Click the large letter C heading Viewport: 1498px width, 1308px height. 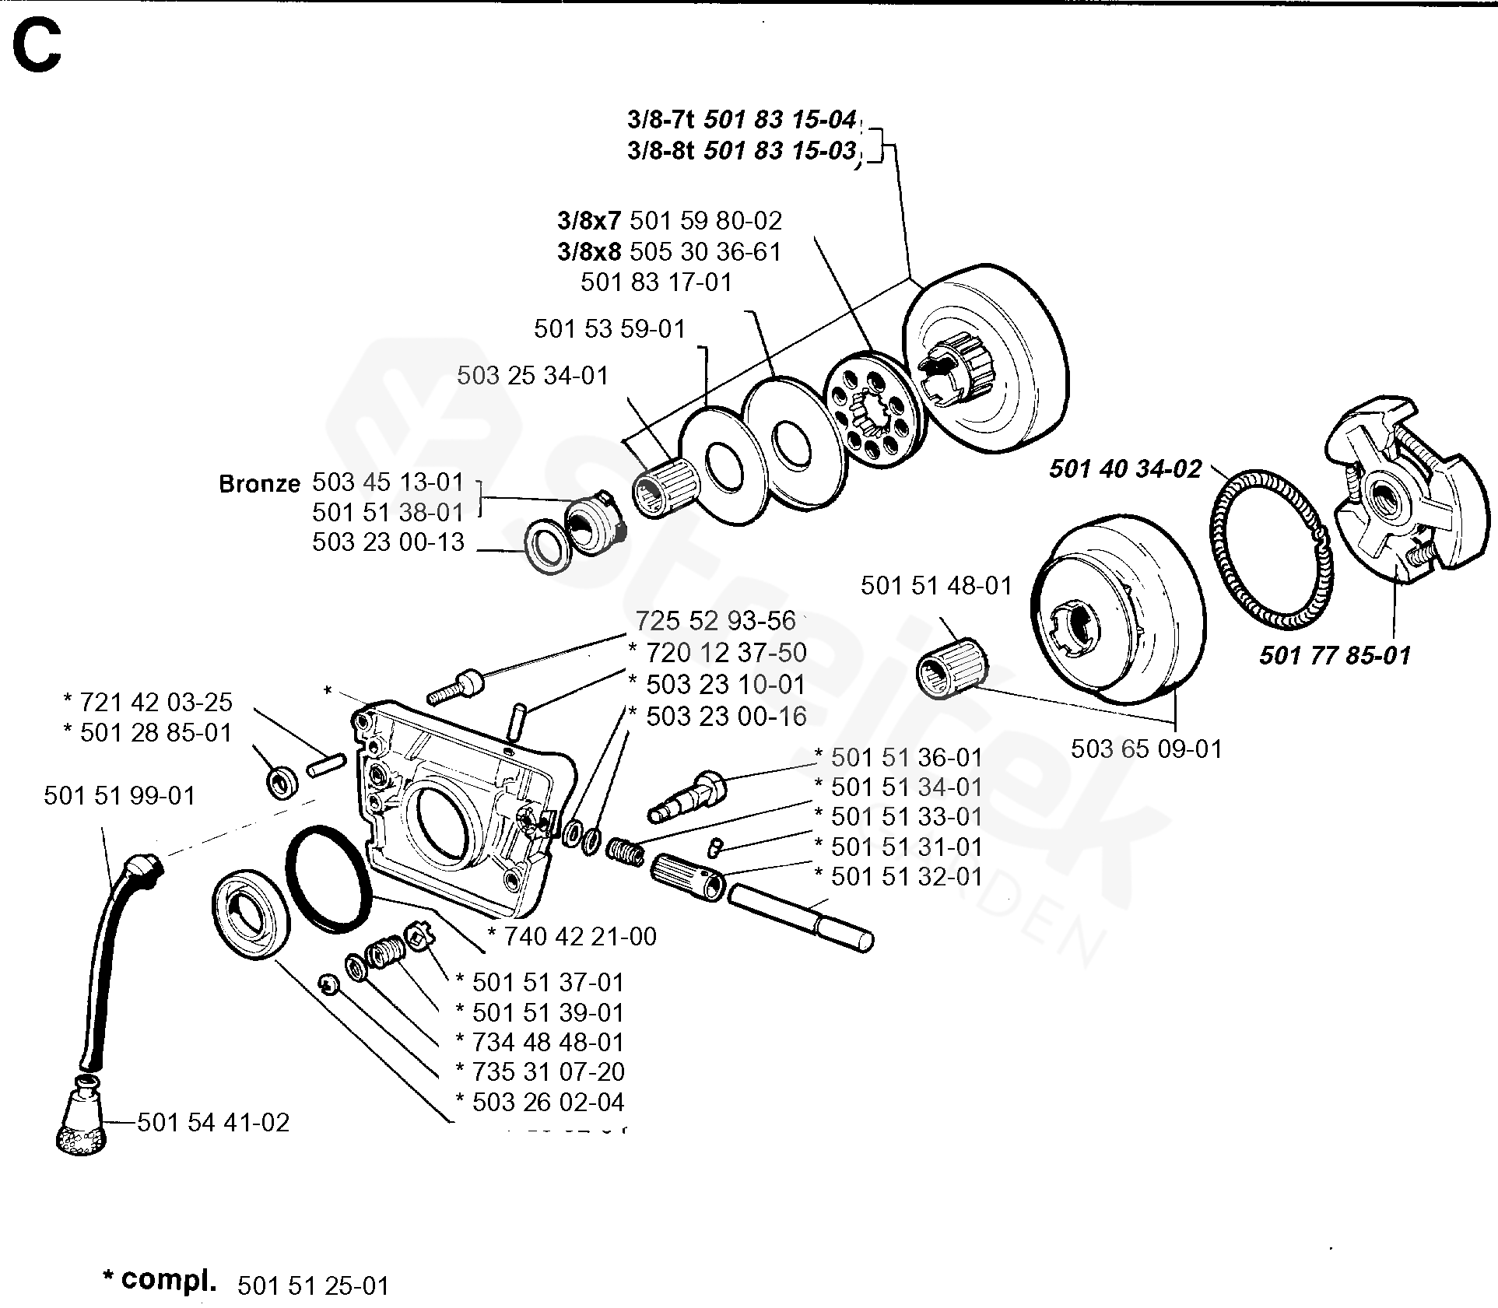tap(37, 46)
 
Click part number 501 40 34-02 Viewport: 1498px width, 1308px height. tap(1124, 469)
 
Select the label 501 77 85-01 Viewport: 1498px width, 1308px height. tap(1335, 656)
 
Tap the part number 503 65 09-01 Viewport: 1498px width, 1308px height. tap(1146, 749)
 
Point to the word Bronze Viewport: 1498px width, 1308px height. tap(259, 484)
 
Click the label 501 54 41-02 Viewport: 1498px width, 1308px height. tap(213, 1122)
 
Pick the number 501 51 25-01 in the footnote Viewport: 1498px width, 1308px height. tap(313, 1285)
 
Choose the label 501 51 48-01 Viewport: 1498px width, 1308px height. tap(936, 585)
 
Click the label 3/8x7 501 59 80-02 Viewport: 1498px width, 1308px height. tap(669, 221)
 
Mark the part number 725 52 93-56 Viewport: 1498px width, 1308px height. tap(715, 621)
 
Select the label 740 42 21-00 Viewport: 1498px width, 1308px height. tap(579, 936)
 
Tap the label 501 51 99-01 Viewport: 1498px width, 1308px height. tap(120, 795)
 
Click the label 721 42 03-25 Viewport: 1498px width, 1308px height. tap(156, 702)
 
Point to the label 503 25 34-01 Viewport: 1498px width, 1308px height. tap(532, 375)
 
